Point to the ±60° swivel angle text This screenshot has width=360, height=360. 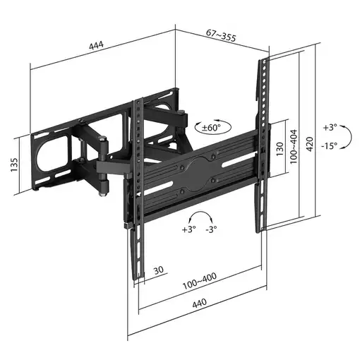tap(210, 127)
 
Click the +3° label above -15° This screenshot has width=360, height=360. tap(330, 128)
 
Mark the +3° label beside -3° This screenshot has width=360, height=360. tap(188, 229)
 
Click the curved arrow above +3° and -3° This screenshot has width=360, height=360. tap(199, 217)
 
